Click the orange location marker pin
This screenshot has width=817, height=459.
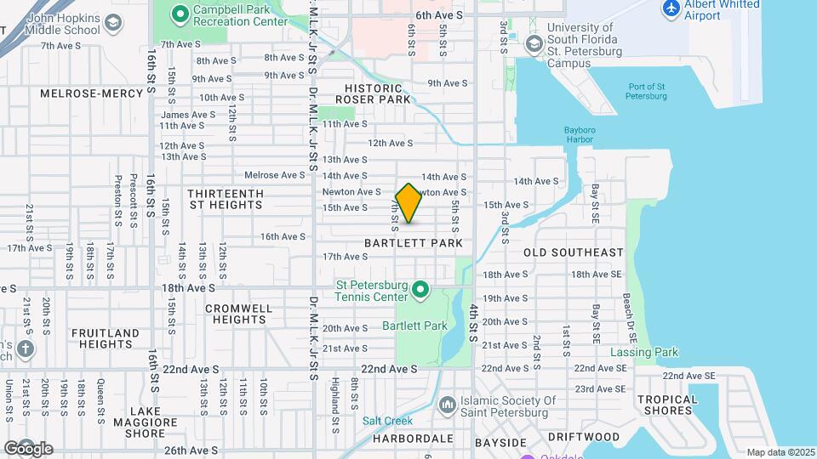pyautogui.click(x=408, y=203)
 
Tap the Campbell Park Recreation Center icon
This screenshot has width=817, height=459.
pyautogui.click(x=180, y=14)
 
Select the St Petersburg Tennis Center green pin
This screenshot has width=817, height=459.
pyautogui.click(x=420, y=292)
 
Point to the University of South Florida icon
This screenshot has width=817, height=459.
pyautogui.click(x=534, y=43)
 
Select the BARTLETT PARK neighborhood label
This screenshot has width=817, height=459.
pyautogui.click(x=414, y=243)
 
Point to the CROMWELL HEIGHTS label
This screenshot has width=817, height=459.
pyautogui.click(x=240, y=314)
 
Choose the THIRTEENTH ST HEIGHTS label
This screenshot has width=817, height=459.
pyautogui.click(x=226, y=199)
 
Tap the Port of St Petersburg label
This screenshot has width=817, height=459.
pyautogui.click(x=647, y=91)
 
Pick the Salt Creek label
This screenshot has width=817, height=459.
pyautogui.click(x=387, y=421)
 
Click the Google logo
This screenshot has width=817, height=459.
pyautogui.click(x=28, y=448)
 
